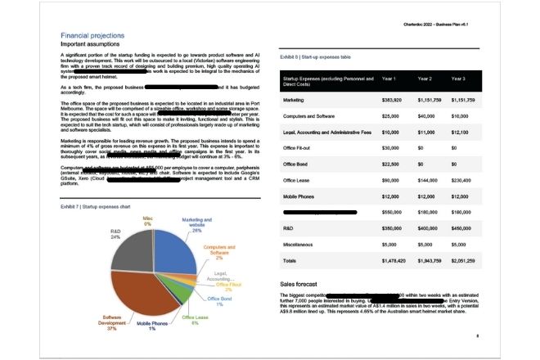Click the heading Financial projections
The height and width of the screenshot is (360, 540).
pos(93,36)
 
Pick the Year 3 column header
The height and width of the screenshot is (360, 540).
pos(458,79)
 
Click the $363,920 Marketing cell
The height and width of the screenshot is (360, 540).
pos(393,99)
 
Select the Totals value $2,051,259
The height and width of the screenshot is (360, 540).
pos(464,259)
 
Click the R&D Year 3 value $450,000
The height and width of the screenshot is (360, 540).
pos(462,227)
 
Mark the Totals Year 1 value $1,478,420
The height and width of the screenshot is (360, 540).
pos(395,259)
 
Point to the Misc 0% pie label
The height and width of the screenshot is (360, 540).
pos(147,221)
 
